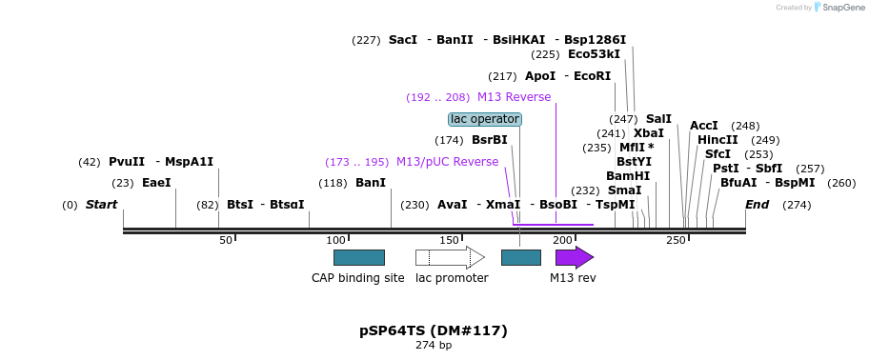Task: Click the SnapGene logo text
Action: (843, 8)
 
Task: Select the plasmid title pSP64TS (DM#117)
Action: (434, 330)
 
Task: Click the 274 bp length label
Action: (434, 345)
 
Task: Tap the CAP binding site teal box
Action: (358, 257)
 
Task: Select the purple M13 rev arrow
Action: (574, 257)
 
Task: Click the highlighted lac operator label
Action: (485, 119)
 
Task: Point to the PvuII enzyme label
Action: (127, 162)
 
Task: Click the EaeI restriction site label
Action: (156, 183)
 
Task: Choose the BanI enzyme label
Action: (371, 183)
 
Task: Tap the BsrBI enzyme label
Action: (489, 140)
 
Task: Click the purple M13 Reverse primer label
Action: (514, 97)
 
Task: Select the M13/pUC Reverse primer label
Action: (447, 162)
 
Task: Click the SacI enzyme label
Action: (403, 40)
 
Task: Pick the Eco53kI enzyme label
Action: (594, 54)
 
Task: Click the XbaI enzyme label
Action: (649, 133)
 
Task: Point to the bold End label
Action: (757, 205)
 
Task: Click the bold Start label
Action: (102, 205)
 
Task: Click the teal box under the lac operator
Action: (520, 257)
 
